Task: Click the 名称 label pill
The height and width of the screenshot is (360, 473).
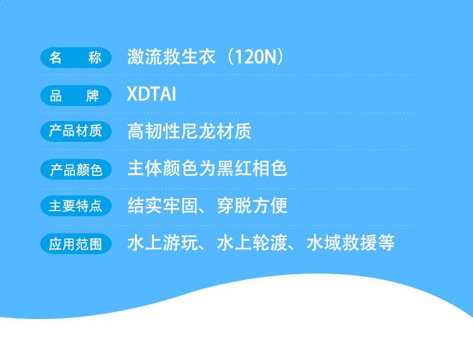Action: click(x=76, y=57)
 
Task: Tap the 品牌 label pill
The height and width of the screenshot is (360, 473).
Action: click(x=76, y=96)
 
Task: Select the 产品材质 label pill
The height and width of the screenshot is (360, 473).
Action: click(x=76, y=131)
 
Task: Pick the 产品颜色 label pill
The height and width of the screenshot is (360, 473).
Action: click(x=76, y=170)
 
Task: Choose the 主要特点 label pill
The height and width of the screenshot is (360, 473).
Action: click(x=76, y=206)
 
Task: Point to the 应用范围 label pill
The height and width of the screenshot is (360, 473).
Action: click(x=76, y=243)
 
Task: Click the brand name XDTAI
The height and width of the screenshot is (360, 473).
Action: click(x=151, y=94)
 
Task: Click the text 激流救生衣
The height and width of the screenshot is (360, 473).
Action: click(x=171, y=57)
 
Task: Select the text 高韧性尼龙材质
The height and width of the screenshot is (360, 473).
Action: click(x=189, y=131)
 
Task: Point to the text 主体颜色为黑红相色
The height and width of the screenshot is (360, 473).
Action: click(x=207, y=168)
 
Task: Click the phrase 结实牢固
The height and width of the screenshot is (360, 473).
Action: click(x=163, y=206)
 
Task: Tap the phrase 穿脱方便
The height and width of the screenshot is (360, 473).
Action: click(x=252, y=206)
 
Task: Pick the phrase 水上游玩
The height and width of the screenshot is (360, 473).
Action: click(x=163, y=243)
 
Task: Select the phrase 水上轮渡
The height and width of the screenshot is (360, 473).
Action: click(x=252, y=243)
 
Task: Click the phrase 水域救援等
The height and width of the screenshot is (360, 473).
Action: click(x=350, y=243)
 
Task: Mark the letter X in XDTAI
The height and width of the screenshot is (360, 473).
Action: click(x=132, y=94)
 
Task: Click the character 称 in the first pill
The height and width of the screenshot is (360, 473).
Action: click(x=95, y=57)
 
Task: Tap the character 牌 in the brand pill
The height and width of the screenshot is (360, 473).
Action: click(x=93, y=96)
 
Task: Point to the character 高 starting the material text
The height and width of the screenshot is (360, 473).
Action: click(x=136, y=131)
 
